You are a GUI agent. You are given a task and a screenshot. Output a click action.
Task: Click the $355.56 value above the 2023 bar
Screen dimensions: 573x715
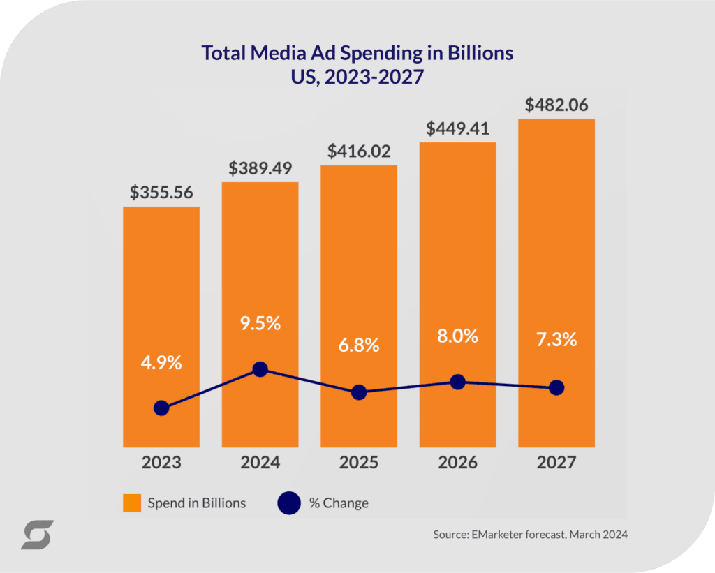coord(161,193)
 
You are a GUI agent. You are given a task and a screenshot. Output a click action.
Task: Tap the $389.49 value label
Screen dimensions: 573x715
coord(260,168)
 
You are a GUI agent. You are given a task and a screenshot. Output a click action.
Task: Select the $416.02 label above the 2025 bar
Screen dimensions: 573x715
coord(359,151)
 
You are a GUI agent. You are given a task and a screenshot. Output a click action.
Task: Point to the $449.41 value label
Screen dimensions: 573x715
coord(457,128)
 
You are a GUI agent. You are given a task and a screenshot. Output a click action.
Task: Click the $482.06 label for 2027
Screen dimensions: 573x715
coord(556,105)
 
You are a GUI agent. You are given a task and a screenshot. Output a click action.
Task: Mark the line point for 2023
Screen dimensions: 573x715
coord(161,408)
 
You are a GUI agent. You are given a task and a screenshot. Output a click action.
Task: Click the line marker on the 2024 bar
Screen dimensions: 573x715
coord(260,369)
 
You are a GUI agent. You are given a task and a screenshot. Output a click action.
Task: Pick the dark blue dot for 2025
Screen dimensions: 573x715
coord(359,392)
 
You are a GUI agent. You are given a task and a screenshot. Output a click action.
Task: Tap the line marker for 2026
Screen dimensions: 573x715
coord(457,382)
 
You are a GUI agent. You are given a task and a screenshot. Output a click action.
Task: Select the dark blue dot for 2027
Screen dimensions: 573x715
coord(556,387)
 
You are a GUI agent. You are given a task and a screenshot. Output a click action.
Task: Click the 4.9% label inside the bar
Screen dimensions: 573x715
coord(161,363)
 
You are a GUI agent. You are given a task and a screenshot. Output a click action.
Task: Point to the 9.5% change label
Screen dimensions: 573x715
coord(260,324)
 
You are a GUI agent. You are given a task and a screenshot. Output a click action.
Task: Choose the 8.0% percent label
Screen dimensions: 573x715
coord(457,336)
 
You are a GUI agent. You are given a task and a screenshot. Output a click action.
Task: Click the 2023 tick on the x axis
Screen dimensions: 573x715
coord(161,463)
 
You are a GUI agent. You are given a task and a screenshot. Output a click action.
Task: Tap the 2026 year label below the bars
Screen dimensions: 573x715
coord(457,463)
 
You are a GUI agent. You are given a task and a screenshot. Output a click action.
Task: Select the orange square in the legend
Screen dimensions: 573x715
coord(132,503)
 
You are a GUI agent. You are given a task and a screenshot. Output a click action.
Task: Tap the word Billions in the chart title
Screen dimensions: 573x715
coord(482,53)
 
